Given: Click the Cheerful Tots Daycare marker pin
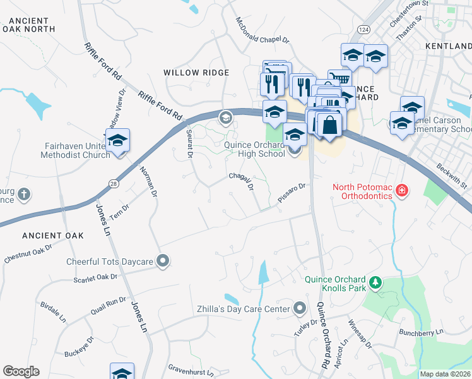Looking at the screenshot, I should tap(163, 261).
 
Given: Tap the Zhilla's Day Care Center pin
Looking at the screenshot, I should tap(299, 309).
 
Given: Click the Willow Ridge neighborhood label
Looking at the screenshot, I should tap(196, 73).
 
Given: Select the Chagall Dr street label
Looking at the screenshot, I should tap(240, 182).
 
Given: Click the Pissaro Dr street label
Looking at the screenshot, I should tap(291, 193).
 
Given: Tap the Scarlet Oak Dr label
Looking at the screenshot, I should tap(95, 277).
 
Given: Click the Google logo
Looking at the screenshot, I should tap(21, 371).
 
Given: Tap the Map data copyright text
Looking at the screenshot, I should tap(445, 374).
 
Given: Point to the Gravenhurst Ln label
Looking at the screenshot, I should tap(191, 368).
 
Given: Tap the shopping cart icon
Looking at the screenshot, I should tap(339, 79).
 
